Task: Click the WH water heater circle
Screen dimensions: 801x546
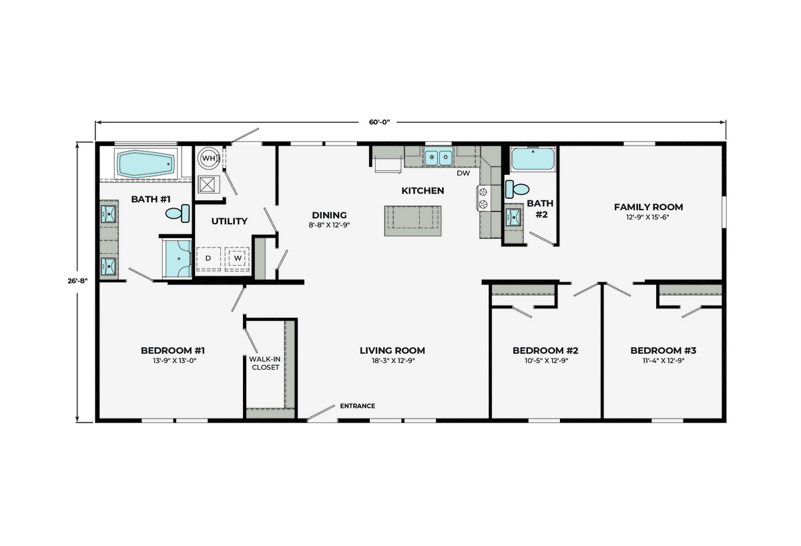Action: tap(208, 158)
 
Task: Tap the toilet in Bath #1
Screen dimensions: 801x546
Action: tap(178, 214)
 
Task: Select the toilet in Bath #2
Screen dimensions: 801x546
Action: tap(517, 189)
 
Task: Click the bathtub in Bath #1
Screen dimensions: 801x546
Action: tap(146, 164)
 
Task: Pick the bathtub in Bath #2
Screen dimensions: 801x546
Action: tap(533, 159)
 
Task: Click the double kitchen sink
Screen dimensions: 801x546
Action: tap(439, 156)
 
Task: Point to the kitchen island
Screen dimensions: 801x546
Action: tap(413, 221)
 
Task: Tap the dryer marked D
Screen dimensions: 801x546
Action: tap(208, 258)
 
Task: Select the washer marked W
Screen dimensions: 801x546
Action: tap(237, 258)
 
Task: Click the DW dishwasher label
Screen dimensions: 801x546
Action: tap(463, 174)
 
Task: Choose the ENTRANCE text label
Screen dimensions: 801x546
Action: tap(358, 406)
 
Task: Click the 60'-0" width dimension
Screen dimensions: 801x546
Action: tap(379, 122)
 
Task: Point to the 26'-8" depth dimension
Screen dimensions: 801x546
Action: tap(77, 281)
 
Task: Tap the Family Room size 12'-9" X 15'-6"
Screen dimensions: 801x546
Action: tap(647, 217)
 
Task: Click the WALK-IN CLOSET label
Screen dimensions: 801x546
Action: tap(265, 363)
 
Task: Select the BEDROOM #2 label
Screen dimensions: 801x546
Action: tap(545, 350)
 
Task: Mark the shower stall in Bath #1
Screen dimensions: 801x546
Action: tap(177, 258)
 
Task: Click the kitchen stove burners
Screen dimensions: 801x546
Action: tap(483, 198)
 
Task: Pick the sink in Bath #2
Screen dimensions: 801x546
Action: tap(513, 218)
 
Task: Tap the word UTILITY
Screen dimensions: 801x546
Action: tap(229, 222)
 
